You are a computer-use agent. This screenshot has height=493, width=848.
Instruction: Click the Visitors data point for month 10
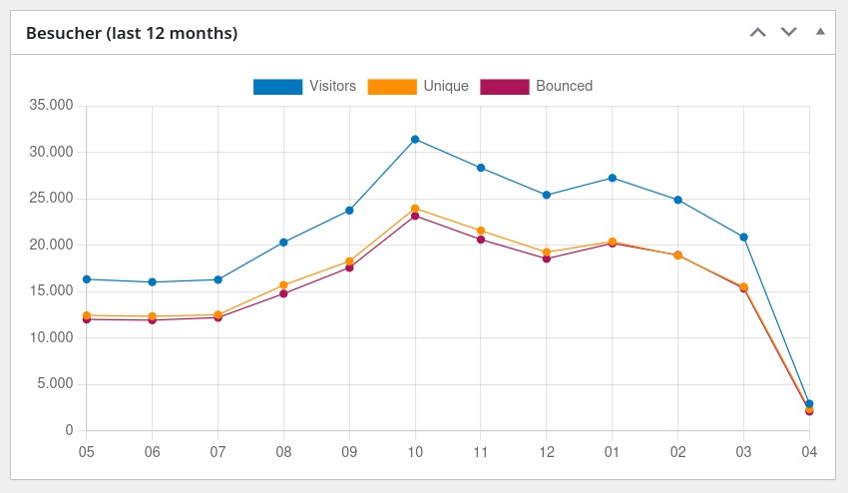pos(415,139)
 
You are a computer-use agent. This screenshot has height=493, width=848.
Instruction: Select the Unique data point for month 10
pos(415,209)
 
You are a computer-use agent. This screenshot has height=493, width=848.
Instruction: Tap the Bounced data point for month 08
pos(283,293)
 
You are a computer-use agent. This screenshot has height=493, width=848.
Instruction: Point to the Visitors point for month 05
pos(87,279)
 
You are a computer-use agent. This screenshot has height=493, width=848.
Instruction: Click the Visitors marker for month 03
pos(743,238)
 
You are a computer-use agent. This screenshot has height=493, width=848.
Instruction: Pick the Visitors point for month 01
pos(612,178)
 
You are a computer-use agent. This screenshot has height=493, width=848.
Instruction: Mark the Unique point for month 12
pos(547,252)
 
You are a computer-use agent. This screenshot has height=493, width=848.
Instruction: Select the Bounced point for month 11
pos(481,240)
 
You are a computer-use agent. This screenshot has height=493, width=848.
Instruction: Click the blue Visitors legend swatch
pos(277,87)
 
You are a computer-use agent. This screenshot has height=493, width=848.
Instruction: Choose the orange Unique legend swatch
pos(392,87)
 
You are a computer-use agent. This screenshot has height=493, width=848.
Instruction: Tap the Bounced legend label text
pos(564,86)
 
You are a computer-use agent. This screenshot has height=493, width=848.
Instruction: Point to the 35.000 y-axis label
pos(52,106)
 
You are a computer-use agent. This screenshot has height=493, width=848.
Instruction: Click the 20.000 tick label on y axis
pos(52,245)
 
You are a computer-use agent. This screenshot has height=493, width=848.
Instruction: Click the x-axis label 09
pos(349,451)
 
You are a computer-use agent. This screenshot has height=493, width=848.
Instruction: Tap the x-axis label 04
pos(809,451)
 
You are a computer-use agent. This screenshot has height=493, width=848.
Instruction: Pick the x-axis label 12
pos(547,451)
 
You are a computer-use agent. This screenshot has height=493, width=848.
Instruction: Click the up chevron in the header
pos(757,32)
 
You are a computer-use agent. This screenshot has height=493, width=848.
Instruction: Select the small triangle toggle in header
pos(820,31)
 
